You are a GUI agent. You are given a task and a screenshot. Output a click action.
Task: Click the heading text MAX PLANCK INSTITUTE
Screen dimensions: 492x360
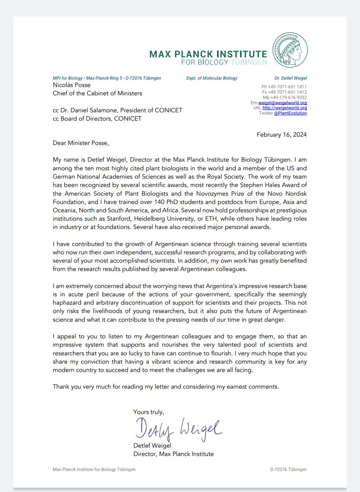pos(208,54)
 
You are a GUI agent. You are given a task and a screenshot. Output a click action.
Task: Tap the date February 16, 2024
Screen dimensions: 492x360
pos(282,134)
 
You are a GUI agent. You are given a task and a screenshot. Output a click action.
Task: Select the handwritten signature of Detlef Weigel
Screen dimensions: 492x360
pos(178,430)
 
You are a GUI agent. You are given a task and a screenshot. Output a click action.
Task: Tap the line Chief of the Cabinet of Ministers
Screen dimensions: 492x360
pos(98,93)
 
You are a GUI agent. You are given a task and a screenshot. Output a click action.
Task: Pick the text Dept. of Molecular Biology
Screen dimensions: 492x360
pos(212,78)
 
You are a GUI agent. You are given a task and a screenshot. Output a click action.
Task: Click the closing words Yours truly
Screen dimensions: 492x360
pos(148,412)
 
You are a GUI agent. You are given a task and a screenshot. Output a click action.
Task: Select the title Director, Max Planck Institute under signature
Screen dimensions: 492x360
pos(173,454)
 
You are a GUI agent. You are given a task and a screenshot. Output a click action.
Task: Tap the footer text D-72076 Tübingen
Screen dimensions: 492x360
pos(288,469)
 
